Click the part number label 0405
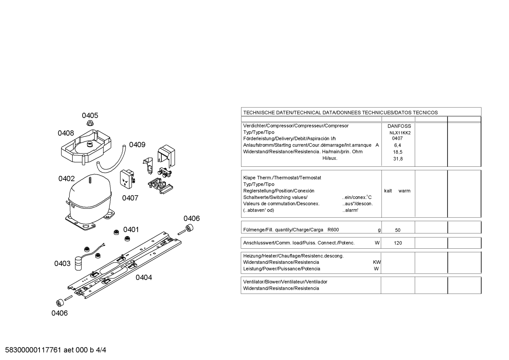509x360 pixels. click(x=90, y=116)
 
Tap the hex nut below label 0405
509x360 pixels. click(x=90, y=123)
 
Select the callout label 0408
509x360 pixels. click(x=66, y=133)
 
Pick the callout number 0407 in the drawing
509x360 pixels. click(x=130, y=198)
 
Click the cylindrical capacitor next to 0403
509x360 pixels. click(x=78, y=263)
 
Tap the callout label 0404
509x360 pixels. click(x=144, y=277)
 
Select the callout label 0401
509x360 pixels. click(x=131, y=230)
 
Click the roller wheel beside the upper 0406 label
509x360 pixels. click(x=189, y=228)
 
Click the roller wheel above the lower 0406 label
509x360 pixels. click(x=60, y=302)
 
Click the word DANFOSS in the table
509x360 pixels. click(x=399, y=126)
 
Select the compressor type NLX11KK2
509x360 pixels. click(x=400, y=133)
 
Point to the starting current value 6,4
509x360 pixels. click(x=398, y=146)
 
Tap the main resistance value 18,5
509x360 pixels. click(x=398, y=152)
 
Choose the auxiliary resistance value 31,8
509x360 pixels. click(x=398, y=159)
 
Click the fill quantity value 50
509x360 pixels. click(x=398, y=230)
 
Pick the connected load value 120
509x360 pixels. click(x=398, y=243)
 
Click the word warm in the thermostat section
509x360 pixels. click(x=405, y=191)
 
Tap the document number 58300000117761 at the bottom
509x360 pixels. click(x=33, y=350)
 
